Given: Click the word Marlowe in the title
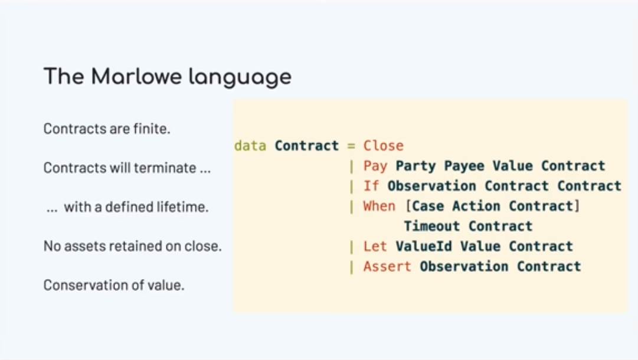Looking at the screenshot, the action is coord(136,76).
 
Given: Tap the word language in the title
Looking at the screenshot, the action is coord(240,78).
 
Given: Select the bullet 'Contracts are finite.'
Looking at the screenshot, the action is coord(107,129).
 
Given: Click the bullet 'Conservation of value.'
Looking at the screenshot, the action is coord(114,284).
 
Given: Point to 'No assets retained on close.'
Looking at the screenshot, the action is coord(133,246).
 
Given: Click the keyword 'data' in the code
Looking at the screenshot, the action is coord(250,146).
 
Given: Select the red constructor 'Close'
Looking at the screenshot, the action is coord(383,146).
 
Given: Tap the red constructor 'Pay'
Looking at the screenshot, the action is coord(375,166).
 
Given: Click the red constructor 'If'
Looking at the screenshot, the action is coord(371,186).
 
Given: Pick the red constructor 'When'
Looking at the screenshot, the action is coord(379,206).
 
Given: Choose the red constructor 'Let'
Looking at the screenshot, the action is coord(375,246).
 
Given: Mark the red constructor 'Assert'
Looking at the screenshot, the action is coord(387,266).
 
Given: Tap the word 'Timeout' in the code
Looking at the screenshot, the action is coord(431,226).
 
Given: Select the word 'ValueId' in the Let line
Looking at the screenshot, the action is coord(424,246).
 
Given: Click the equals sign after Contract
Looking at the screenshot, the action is coord(351,146).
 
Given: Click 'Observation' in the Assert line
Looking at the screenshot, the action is coord(464,266).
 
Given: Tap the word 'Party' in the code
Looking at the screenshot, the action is coord(416,166).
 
